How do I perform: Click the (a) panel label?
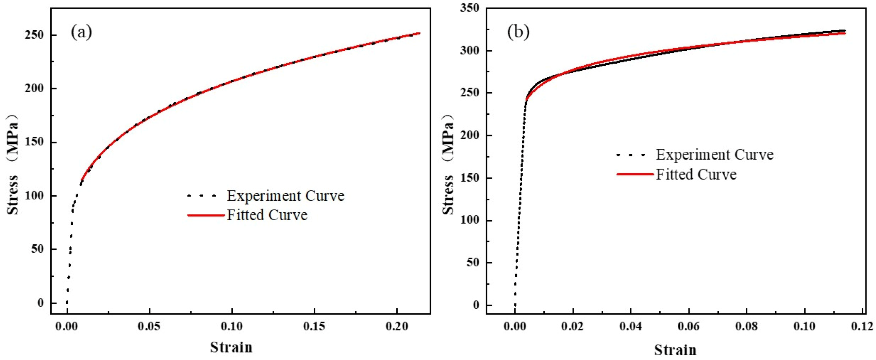[x=81, y=33]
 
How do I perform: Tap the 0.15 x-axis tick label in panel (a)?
[x=314, y=326]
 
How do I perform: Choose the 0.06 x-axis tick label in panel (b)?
[x=689, y=326]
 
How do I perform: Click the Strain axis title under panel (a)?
[x=231, y=348]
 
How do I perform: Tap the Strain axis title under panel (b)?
[x=675, y=350]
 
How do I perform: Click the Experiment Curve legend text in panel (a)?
[x=285, y=196]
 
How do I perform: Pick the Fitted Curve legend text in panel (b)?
[x=696, y=175]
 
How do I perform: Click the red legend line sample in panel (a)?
[x=206, y=215]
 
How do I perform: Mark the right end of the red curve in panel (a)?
[x=419, y=33]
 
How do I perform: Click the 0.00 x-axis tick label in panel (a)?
[x=67, y=326]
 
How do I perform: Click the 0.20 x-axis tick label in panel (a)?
[x=397, y=326]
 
